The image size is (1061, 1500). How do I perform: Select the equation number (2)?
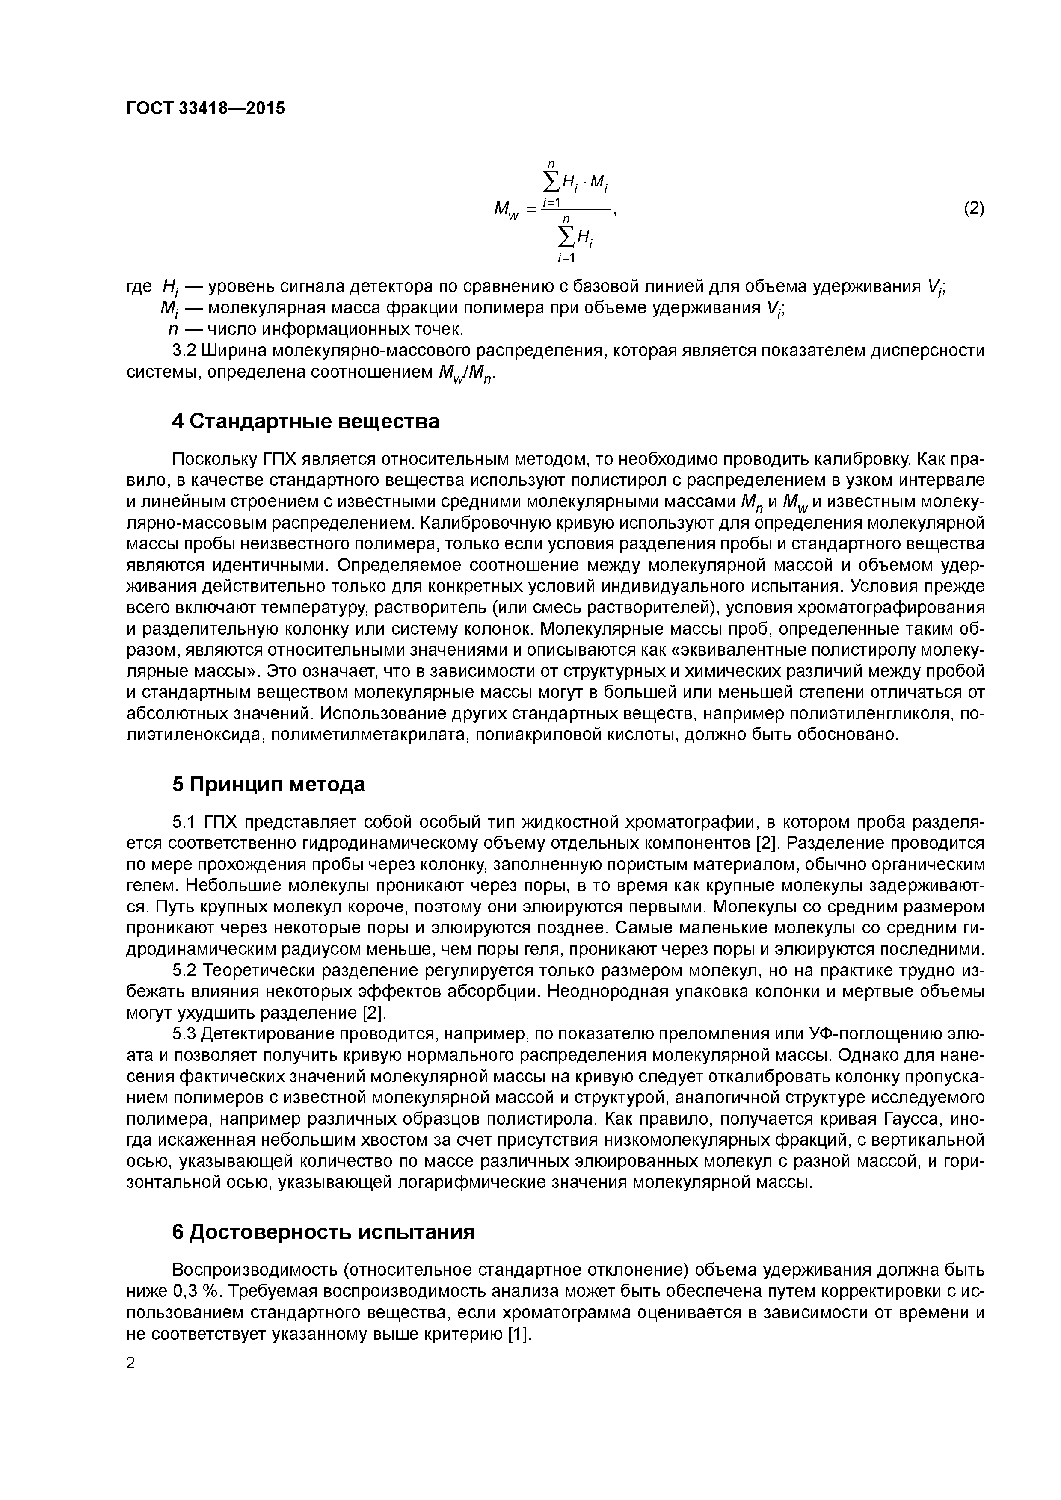tap(973, 208)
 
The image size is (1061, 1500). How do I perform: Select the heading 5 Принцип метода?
tap(268, 785)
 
